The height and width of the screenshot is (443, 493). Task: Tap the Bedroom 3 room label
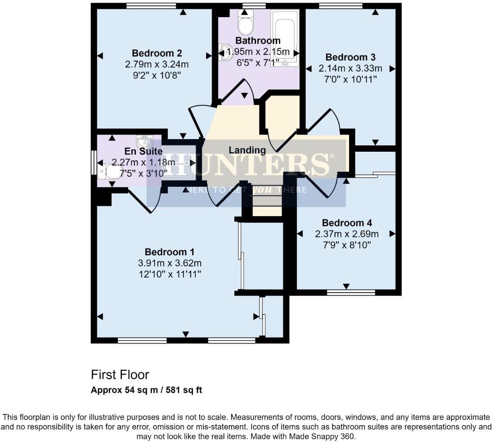[x=350, y=57]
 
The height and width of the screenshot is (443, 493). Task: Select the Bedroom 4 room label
[x=347, y=223]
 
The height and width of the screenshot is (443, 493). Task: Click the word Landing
[x=247, y=150]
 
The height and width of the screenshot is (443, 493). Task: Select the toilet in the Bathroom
[x=246, y=23]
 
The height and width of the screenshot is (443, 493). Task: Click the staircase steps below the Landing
[x=266, y=200]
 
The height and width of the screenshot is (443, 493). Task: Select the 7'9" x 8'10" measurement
[x=347, y=245]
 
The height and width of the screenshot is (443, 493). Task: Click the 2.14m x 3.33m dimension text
[x=350, y=68]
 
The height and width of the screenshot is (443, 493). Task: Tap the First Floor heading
[x=120, y=375]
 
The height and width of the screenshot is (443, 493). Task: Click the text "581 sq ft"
[x=184, y=390]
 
